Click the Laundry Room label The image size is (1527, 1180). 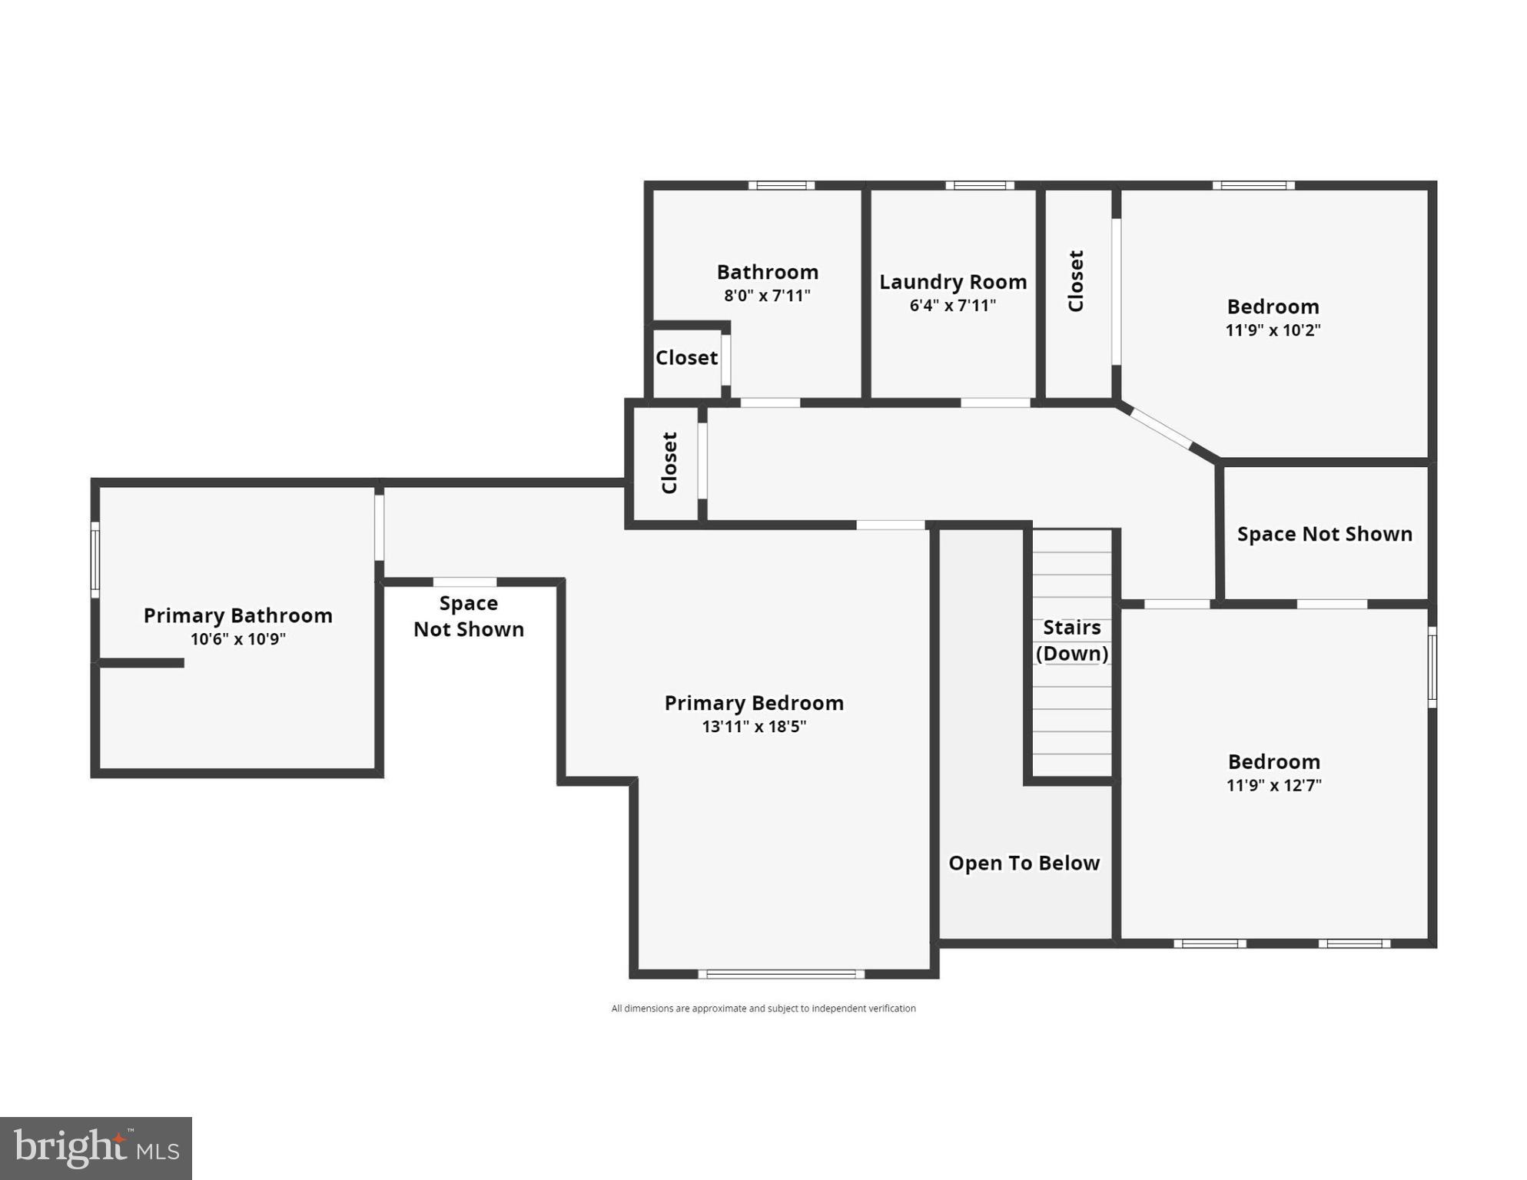pyautogui.click(x=953, y=282)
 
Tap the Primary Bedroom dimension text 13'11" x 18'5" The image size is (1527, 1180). pyautogui.click(x=754, y=726)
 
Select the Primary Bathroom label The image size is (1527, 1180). pyautogui.click(x=238, y=615)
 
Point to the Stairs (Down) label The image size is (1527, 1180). pyautogui.click(x=1072, y=640)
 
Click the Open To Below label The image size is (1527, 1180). pyautogui.click(x=1024, y=863)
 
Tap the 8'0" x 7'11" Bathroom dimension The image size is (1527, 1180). pyautogui.click(x=767, y=295)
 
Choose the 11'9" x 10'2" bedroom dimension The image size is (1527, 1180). pyautogui.click(x=1273, y=330)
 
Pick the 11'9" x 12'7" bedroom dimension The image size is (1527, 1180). pyautogui.click(x=1273, y=784)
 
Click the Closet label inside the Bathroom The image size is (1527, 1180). pyautogui.click(x=686, y=357)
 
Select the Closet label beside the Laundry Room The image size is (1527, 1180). pyautogui.click(x=1076, y=281)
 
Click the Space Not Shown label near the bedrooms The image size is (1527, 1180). pyautogui.click(x=1324, y=534)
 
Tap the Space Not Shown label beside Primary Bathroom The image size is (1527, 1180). pyautogui.click(x=469, y=616)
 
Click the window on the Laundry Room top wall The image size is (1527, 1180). pyautogui.click(x=980, y=185)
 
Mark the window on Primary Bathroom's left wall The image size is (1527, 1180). pyautogui.click(x=95, y=559)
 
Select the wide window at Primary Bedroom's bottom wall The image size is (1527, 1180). pyautogui.click(x=781, y=974)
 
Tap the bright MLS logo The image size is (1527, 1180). pyautogui.click(x=96, y=1149)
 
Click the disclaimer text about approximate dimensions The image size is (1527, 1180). pyautogui.click(x=763, y=1008)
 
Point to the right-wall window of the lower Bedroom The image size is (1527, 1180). pyautogui.click(x=1432, y=667)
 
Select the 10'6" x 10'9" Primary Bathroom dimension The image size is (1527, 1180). pyautogui.click(x=238, y=638)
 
